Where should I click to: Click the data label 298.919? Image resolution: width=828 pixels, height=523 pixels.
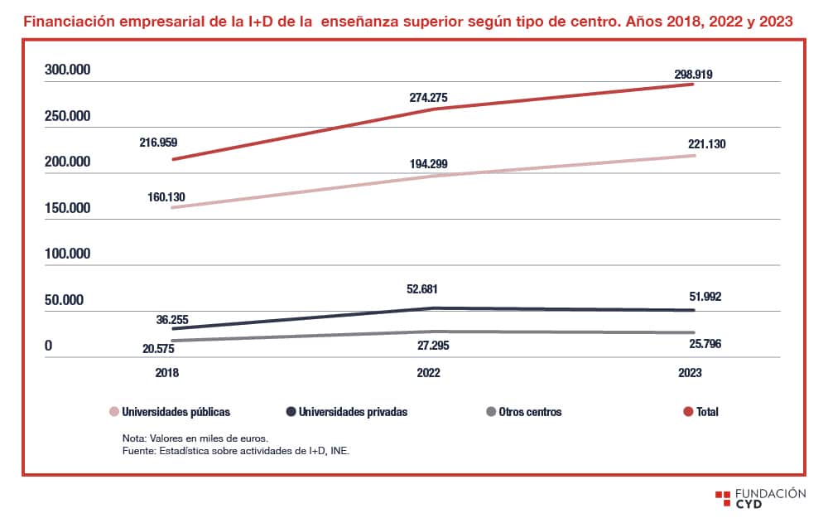click(693, 74)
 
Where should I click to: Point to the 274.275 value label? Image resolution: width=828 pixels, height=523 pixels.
click(428, 98)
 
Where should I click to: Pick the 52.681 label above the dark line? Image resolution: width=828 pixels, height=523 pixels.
click(428, 289)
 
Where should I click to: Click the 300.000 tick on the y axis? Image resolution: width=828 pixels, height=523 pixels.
click(67, 70)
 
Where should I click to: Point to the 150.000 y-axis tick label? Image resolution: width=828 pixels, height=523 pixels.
click(67, 208)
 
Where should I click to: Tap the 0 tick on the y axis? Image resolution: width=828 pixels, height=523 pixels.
click(48, 345)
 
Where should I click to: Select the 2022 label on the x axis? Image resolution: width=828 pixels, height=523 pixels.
click(428, 373)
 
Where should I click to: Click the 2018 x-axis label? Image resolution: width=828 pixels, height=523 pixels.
click(166, 373)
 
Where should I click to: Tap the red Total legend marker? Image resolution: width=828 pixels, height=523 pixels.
click(687, 411)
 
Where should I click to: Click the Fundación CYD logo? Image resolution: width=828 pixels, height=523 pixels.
click(759, 498)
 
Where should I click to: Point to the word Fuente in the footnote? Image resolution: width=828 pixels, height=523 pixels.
click(139, 451)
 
